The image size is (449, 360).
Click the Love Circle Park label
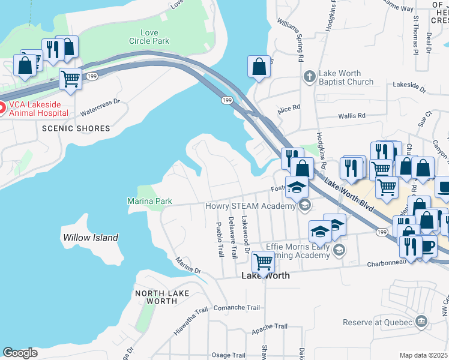(x=149, y=37)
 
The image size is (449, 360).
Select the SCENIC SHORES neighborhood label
(x=76, y=128)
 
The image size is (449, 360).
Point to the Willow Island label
(x=91, y=238)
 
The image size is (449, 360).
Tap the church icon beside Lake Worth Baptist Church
(x=309, y=76)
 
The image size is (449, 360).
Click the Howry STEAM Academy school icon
(x=304, y=206)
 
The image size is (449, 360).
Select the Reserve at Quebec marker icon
(x=421, y=322)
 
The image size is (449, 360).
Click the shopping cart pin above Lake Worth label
(x=262, y=261)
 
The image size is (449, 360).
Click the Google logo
(x=20, y=353)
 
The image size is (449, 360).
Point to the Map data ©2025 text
(x=424, y=355)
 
